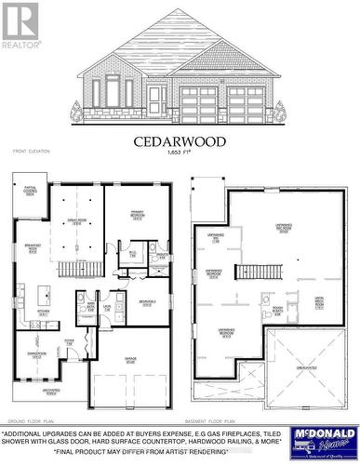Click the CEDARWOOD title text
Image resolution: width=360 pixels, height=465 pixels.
click(180, 141)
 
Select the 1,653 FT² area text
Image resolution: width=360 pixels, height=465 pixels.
click(180, 153)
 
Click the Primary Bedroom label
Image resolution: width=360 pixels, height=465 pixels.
click(137, 219)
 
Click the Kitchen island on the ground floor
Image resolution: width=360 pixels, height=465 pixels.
click(42, 297)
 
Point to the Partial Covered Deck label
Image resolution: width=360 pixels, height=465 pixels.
click(30, 193)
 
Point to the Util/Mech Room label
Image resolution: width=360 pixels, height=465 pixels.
click(318, 303)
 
